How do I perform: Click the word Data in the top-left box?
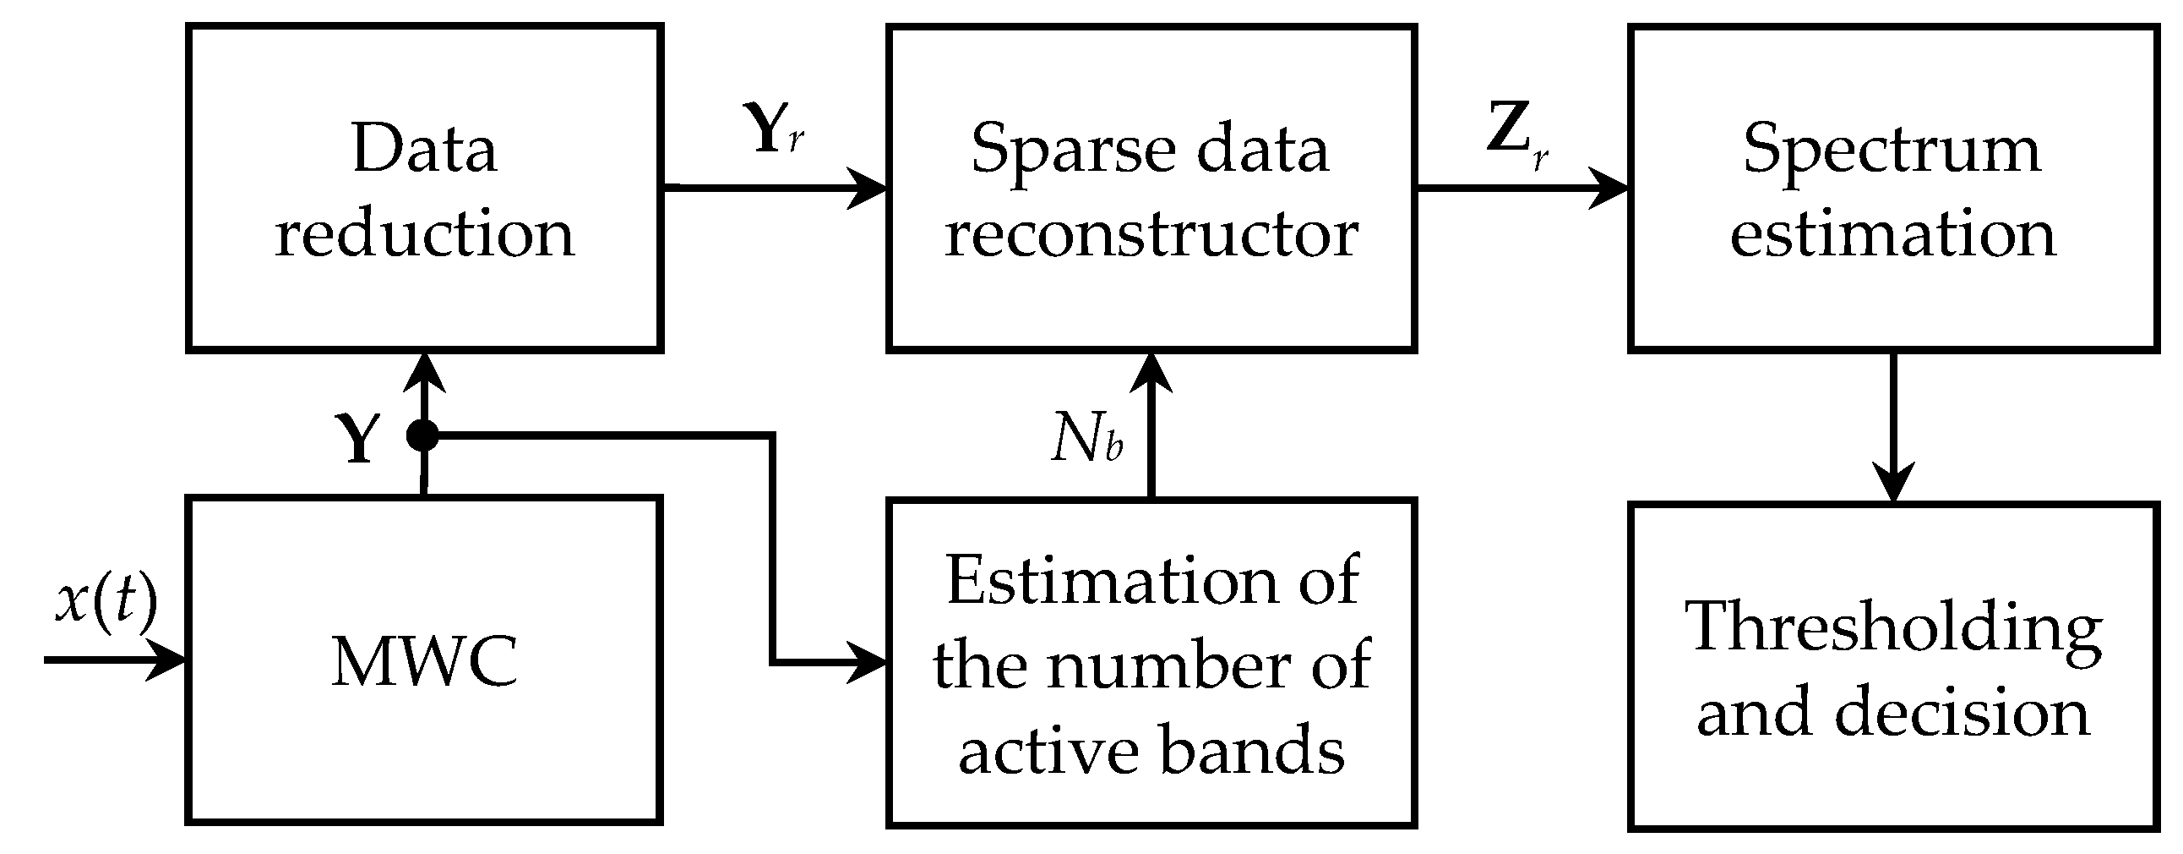click(x=424, y=150)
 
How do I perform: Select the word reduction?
click(x=424, y=234)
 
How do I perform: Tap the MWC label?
click(x=424, y=661)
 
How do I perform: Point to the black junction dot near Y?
click(x=422, y=436)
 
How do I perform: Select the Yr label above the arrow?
click(x=776, y=129)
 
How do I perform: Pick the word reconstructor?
click(x=1151, y=234)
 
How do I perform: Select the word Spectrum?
click(x=1892, y=150)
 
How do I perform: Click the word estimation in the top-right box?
click(x=1892, y=234)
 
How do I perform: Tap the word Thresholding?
click(x=1892, y=627)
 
